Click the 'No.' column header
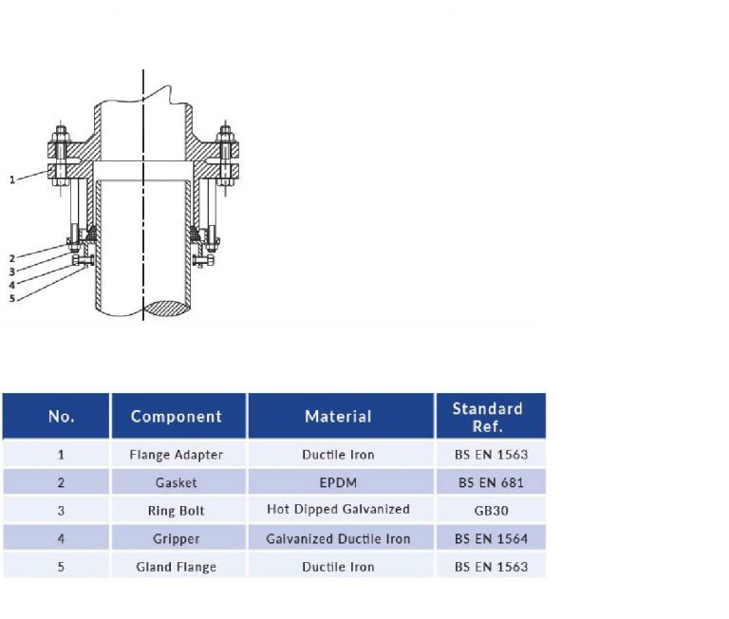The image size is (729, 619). (x=61, y=416)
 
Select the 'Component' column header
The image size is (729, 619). (x=177, y=416)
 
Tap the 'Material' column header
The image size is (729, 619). (x=338, y=416)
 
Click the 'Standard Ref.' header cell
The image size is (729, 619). (x=487, y=416)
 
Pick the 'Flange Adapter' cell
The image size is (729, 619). (x=177, y=455)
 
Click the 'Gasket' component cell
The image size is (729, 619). (x=177, y=482)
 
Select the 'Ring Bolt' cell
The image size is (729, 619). (x=177, y=511)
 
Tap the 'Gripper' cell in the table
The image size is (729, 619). (x=177, y=538)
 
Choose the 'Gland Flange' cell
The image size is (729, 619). (x=177, y=567)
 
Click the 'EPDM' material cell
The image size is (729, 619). (x=338, y=482)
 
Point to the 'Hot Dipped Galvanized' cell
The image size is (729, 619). (x=338, y=511)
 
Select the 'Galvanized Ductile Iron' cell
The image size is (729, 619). (x=338, y=538)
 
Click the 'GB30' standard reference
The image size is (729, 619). (x=487, y=511)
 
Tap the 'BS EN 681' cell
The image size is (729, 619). (x=487, y=482)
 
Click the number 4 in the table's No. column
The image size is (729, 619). (x=61, y=538)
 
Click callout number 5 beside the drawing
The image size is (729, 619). (x=12, y=298)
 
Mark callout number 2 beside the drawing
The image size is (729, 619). (x=12, y=258)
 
